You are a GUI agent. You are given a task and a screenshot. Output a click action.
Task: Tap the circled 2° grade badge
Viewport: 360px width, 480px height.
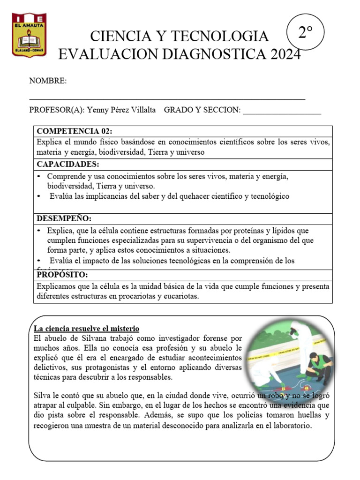click(305, 32)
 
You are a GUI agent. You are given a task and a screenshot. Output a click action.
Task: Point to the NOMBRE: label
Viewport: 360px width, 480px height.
click(48, 81)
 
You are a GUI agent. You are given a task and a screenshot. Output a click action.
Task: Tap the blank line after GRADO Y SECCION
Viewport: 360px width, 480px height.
click(282, 112)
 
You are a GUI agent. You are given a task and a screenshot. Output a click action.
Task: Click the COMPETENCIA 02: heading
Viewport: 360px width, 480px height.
click(75, 131)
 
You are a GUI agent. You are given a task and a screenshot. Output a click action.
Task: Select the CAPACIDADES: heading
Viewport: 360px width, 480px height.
click(68, 165)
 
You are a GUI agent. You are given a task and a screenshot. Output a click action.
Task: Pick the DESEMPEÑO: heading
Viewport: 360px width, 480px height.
click(64, 219)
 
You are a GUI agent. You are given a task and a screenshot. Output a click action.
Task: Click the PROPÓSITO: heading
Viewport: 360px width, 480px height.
click(62, 274)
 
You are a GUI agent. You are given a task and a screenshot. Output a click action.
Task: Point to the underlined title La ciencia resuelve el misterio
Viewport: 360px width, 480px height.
click(87, 329)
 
